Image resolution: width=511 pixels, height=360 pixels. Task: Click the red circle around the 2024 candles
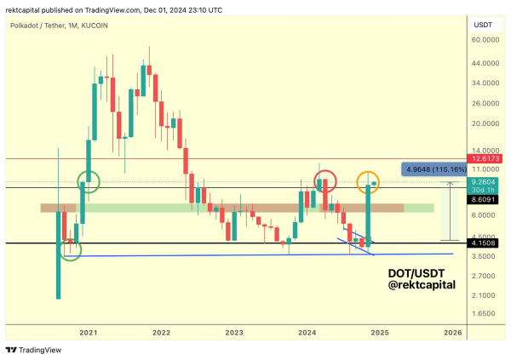tap(326, 180)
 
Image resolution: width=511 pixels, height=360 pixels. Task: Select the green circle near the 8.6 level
tap(88, 180)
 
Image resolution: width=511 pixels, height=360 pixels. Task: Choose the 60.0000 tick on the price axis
tap(484, 39)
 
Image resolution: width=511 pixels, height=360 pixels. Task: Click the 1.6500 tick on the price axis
tap(484, 314)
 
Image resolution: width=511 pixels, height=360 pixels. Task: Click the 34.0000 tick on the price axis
tap(484, 83)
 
